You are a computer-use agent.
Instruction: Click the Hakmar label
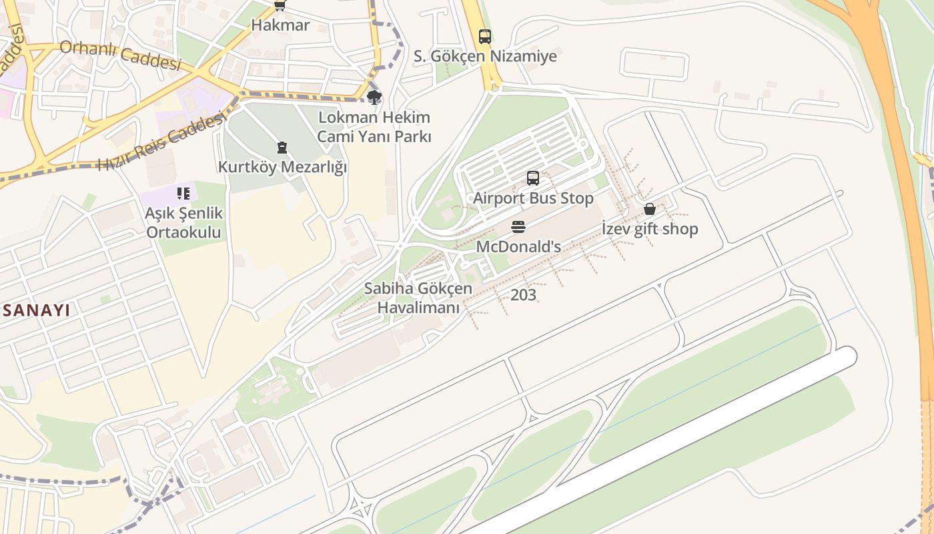pyautogui.click(x=280, y=25)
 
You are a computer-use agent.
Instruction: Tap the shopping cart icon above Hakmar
pyautogui.click(x=280, y=5)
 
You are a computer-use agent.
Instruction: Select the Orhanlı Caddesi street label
pyautogui.click(x=121, y=55)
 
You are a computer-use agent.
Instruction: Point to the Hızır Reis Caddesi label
pyautogui.click(x=160, y=142)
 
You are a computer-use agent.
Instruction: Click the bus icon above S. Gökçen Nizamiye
pyautogui.click(x=485, y=37)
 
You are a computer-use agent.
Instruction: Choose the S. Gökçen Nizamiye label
pyautogui.click(x=485, y=57)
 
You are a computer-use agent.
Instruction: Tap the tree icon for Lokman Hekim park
pyautogui.click(x=374, y=98)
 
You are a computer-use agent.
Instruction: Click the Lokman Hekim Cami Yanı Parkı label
pyautogui.click(x=374, y=127)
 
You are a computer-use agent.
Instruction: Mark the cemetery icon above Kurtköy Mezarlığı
pyautogui.click(x=282, y=148)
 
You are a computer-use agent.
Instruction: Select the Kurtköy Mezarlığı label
pyautogui.click(x=282, y=167)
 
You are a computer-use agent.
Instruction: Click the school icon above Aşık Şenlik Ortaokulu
pyautogui.click(x=183, y=194)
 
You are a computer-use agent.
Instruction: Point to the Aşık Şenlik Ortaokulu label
pyautogui.click(x=184, y=223)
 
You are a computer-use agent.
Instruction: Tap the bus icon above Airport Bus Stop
pyautogui.click(x=533, y=178)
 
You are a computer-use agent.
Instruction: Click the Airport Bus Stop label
pyautogui.click(x=533, y=198)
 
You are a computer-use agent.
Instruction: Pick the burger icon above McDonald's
pyautogui.click(x=518, y=227)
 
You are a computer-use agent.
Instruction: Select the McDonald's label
pyautogui.click(x=518, y=247)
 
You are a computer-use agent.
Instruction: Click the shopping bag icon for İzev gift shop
pyautogui.click(x=650, y=210)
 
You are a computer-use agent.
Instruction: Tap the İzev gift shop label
pyautogui.click(x=650, y=229)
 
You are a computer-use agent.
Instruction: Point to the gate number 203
pyautogui.click(x=523, y=295)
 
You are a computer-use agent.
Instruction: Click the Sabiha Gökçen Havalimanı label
pyautogui.click(x=418, y=298)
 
